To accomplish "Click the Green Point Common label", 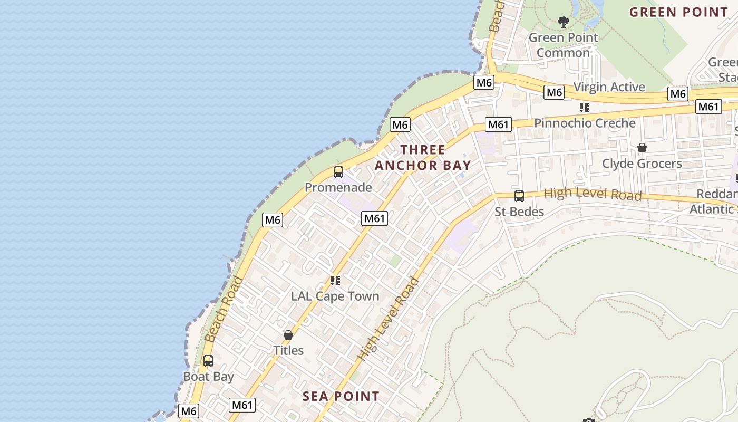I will [563, 45].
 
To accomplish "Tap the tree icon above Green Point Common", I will [563, 22].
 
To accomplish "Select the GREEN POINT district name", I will [678, 12].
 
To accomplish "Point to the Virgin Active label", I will [609, 87].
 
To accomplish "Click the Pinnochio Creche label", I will [585, 123].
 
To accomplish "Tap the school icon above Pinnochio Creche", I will [584, 108].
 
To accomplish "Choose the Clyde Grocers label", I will [642, 164].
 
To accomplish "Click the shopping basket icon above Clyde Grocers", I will [642, 148].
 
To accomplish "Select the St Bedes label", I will [519, 212].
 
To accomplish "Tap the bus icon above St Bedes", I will [519, 196].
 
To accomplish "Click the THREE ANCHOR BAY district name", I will [422, 157].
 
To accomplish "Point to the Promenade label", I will [338, 187].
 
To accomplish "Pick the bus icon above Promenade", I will [338, 172].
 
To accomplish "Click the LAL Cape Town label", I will [335, 296].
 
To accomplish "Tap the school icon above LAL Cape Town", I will [335, 280].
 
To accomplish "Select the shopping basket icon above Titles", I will [288, 335].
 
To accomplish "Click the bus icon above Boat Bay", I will [208, 361].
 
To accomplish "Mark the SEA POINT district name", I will [341, 396].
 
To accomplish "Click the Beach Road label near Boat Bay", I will [223, 309].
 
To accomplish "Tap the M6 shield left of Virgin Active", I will [554, 93].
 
